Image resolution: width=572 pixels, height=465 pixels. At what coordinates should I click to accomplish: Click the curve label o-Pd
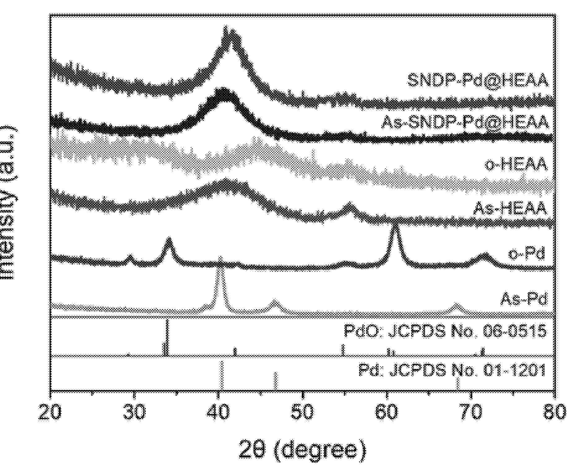(x=526, y=254)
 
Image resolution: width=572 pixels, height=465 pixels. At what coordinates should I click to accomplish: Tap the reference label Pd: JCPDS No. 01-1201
(x=452, y=370)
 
